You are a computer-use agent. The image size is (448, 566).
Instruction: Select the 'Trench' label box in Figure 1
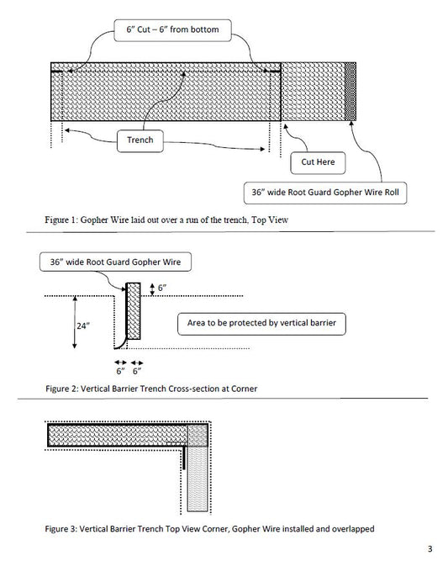(140, 140)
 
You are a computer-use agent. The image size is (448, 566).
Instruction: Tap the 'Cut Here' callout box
(313, 160)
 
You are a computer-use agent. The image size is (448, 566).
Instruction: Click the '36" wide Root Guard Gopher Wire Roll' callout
(324, 193)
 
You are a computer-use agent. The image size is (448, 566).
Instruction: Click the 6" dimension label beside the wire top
(161, 288)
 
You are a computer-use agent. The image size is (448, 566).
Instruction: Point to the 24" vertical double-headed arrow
(76, 323)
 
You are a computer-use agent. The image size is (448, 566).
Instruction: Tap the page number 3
(429, 550)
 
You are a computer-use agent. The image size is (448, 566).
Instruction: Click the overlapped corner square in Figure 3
(198, 435)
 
